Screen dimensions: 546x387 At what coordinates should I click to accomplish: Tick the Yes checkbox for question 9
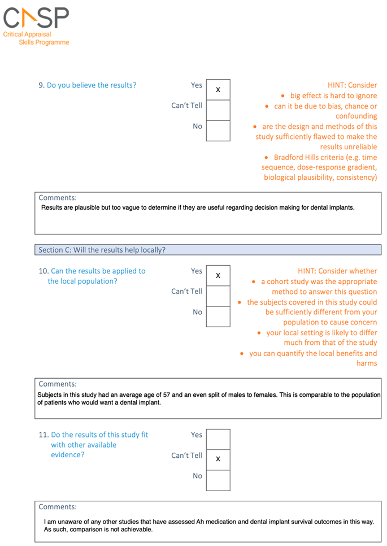[x=218, y=89]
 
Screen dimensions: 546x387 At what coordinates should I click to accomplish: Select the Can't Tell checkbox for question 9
[x=218, y=110]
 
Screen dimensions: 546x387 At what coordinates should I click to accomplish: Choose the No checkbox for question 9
[x=218, y=131]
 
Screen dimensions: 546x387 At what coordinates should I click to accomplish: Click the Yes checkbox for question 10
[x=218, y=275]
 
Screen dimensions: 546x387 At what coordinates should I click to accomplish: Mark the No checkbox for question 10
[x=218, y=317]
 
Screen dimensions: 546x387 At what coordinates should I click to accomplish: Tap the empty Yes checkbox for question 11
[x=218, y=439]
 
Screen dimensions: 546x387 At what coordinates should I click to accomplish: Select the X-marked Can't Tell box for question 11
[x=218, y=460]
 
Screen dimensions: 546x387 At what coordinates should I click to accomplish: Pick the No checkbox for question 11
[x=218, y=480]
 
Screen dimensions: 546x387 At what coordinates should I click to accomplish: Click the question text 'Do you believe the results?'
[x=91, y=85]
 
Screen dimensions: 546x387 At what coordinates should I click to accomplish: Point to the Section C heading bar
[x=208, y=250]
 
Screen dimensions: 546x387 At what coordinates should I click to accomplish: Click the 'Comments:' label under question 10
[x=58, y=384]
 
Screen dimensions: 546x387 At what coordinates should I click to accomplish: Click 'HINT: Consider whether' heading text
[x=337, y=271]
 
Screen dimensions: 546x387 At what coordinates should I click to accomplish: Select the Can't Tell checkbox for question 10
[x=218, y=296]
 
